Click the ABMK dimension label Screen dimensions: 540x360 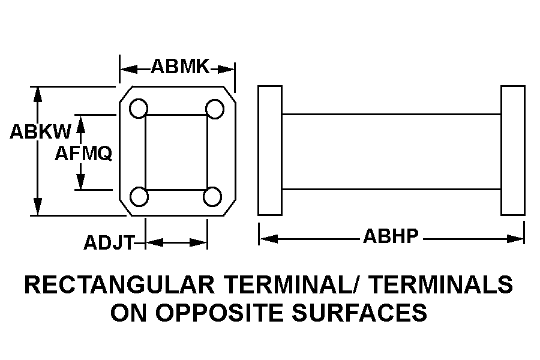180,67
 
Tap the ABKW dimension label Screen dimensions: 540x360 40,131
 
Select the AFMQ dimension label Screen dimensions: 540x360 83,154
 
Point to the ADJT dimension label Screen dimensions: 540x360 109,243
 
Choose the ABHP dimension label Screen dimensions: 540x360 391,236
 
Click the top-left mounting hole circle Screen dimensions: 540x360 139,108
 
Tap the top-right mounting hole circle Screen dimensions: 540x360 215,109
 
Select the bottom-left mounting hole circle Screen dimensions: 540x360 139,197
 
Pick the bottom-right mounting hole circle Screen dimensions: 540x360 212,197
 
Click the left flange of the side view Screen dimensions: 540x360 270,151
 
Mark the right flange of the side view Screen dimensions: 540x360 513,151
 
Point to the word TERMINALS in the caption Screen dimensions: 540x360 442,284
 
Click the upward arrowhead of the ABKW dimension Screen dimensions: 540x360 38,94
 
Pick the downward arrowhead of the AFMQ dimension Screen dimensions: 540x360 80,182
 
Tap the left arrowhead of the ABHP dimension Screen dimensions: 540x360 269,238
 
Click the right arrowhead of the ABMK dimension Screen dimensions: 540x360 226,69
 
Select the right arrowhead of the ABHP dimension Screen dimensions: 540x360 515,238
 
